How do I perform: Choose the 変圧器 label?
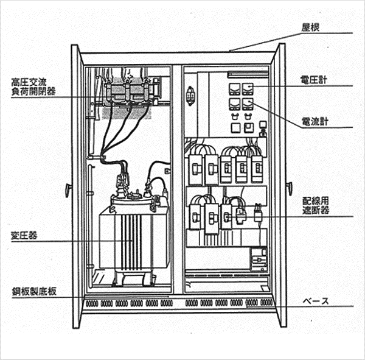click(x=21, y=236)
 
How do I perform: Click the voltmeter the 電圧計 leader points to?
click(x=248, y=90)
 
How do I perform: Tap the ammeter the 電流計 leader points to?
click(x=248, y=105)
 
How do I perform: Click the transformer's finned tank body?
click(x=130, y=241)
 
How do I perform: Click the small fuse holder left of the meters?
click(x=191, y=96)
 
